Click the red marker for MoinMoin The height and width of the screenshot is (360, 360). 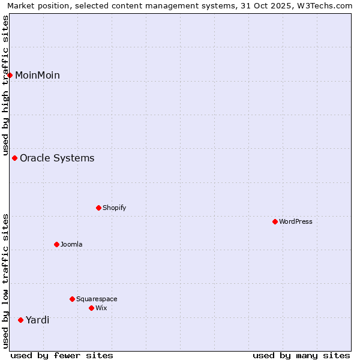tap(10, 75)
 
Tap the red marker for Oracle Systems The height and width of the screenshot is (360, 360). tap(15, 158)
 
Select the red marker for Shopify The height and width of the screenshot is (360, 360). tap(99, 208)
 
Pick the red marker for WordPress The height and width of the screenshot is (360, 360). tap(275, 222)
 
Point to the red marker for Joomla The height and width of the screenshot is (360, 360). tap(57, 245)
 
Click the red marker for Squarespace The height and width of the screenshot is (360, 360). tap(73, 299)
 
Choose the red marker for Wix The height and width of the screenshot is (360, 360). tap(92, 308)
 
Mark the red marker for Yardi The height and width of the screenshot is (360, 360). tap(21, 320)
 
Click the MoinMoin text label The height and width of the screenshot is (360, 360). tap(37, 75)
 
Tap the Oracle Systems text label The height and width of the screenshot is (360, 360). tap(57, 158)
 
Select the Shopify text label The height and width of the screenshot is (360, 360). tap(114, 208)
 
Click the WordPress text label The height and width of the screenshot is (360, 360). tap(296, 222)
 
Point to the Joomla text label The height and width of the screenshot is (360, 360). tap(71, 245)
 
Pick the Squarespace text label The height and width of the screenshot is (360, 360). tap(97, 299)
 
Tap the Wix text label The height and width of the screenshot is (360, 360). tap(101, 308)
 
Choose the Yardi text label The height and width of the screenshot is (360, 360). tap(37, 320)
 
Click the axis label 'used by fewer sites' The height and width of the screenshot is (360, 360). tap(62, 355)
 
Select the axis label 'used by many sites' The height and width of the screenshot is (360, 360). tap(301, 355)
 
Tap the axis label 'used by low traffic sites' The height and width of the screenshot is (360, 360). tap(6, 281)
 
